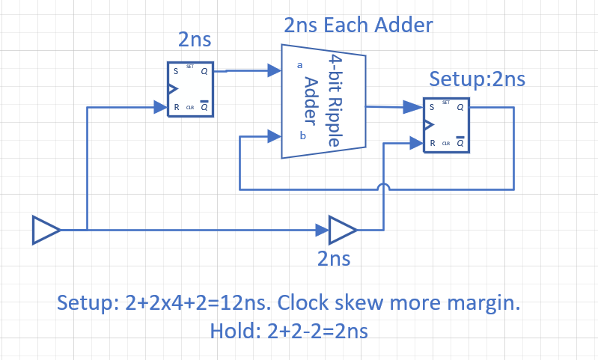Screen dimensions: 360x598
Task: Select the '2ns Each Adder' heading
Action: coord(359,25)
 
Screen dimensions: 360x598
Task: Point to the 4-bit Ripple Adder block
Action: coord(323,101)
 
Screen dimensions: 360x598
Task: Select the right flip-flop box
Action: coord(446,125)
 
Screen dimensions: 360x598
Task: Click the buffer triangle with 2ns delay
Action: coord(343,230)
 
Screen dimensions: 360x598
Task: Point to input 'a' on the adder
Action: coord(300,66)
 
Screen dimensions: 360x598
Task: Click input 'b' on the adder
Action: coord(302,135)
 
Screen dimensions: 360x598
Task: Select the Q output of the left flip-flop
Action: coord(204,72)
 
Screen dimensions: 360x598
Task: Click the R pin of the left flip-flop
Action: coord(176,108)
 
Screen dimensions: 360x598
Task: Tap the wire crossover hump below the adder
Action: coord(384,187)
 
